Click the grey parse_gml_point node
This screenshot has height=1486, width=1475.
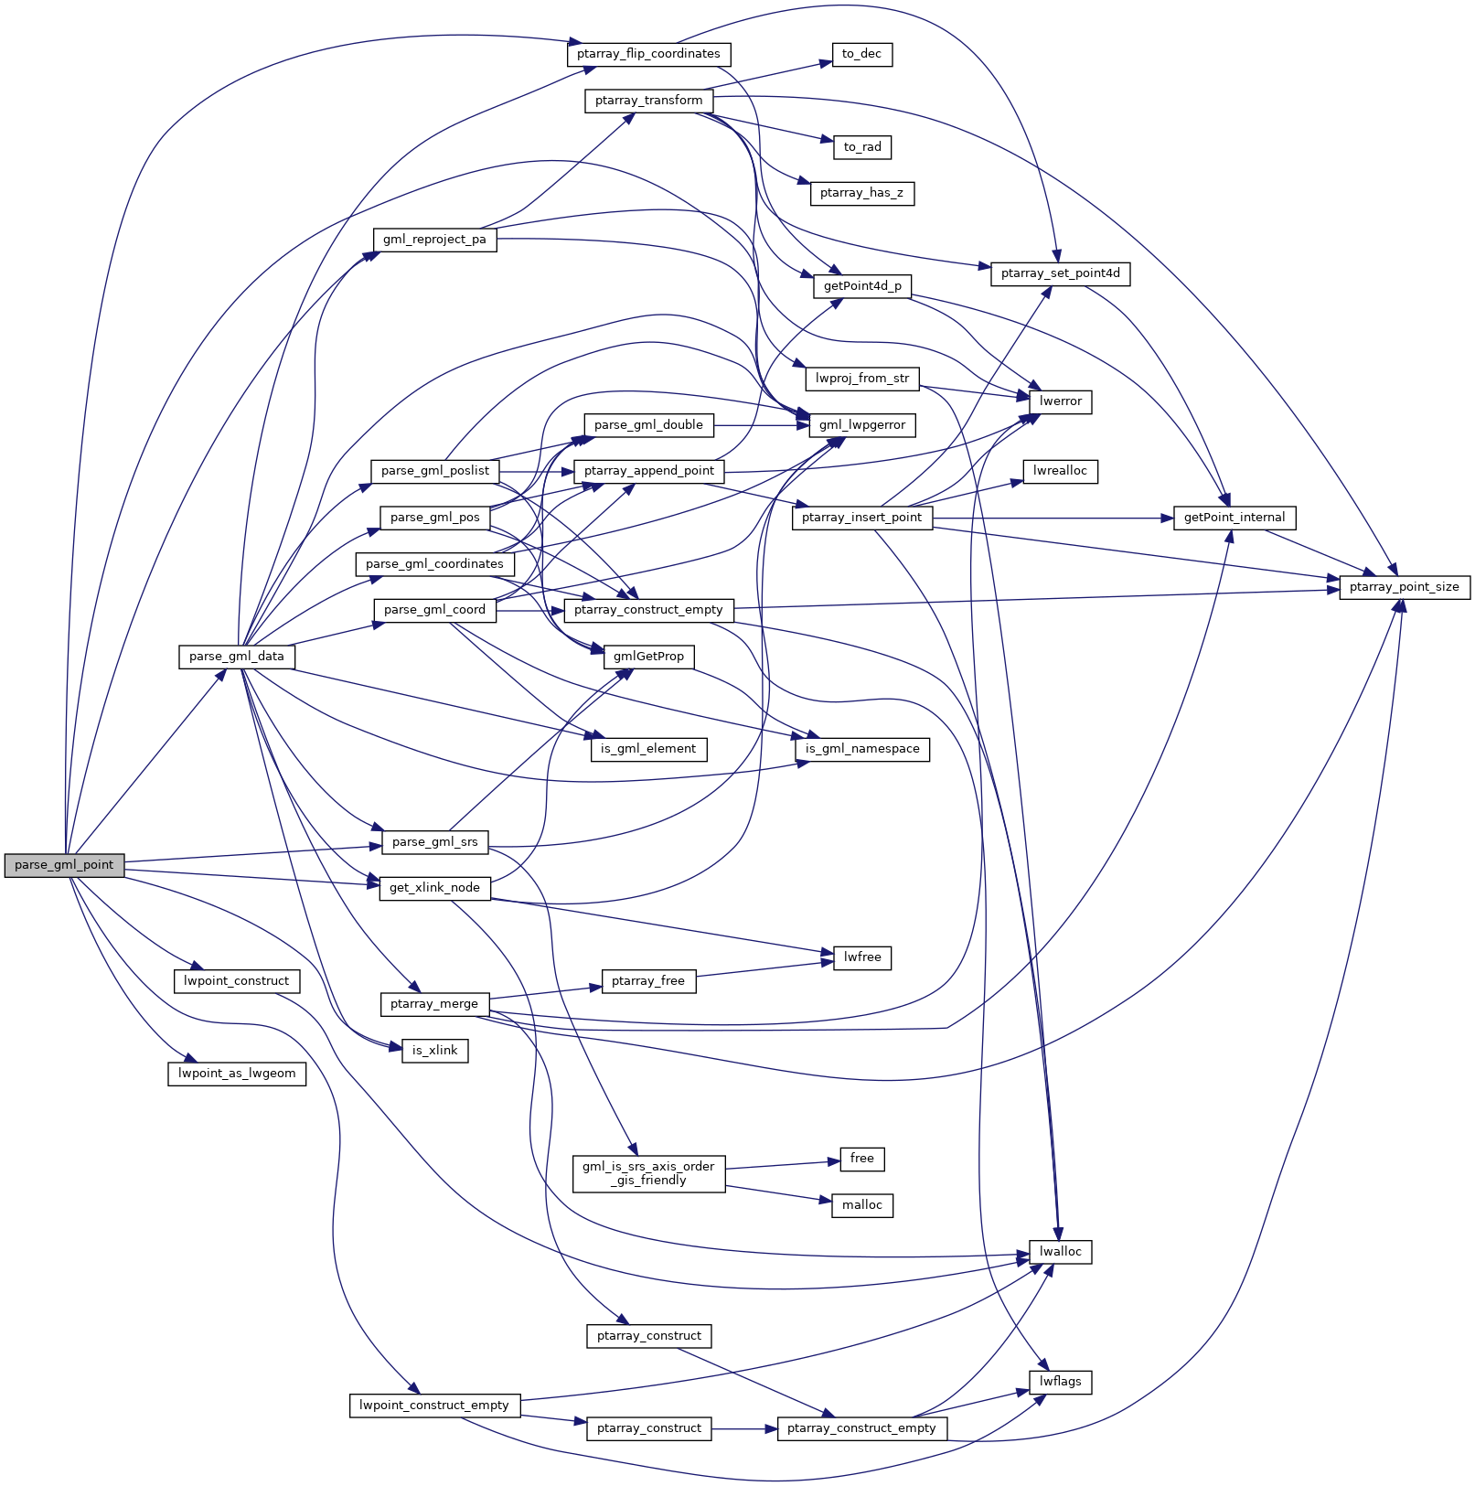click(x=64, y=865)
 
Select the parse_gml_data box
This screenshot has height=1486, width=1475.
click(x=237, y=657)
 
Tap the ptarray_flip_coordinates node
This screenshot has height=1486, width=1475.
click(x=648, y=54)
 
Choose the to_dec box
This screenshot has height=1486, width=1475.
click(x=861, y=54)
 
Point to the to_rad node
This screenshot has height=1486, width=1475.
click(x=862, y=147)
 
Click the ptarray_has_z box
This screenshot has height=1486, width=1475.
click(x=861, y=193)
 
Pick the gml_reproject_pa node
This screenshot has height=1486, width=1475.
click(x=434, y=240)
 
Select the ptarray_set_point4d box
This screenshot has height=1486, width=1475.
click(x=1060, y=273)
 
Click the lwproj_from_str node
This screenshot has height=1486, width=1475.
click(x=862, y=379)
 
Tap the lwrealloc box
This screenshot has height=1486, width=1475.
click(x=1060, y=471)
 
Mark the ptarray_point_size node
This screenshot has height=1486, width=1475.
click(x=1404, y=587)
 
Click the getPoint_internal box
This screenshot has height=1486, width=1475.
click(x=1234, y=518)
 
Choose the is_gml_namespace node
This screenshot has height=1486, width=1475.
click(x=862, y=749)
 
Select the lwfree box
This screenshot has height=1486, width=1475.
click(x=862, y=957)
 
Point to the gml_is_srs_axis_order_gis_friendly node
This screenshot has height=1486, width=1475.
click(x=648, y=1173)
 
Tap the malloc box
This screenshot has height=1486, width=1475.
click(x=862, y=1205)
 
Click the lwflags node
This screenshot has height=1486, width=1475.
click(x=1060, y=1382)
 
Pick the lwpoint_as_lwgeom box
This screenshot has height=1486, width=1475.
click(x=237, y=1074)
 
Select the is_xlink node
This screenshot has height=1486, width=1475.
click(x=434, y=1051)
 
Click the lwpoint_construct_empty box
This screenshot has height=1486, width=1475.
click(x=434, y=1406)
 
